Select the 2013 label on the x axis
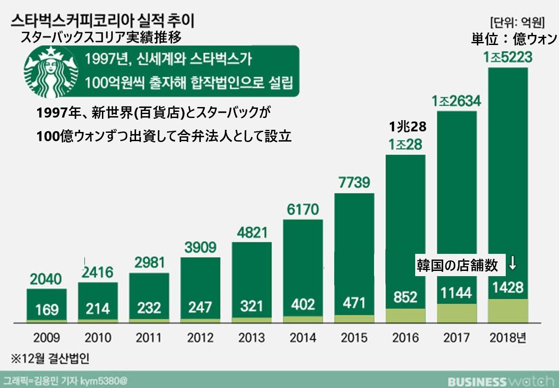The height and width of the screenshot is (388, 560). [x=252, y=338]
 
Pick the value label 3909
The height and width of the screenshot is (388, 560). [x=200, y=247]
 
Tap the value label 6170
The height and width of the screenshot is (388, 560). [x=303, y=209]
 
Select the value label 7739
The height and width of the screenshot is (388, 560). [x=354, y=182]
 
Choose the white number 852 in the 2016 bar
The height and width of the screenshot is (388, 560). [x=405, y=297]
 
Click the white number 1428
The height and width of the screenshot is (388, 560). [x=507, y=287]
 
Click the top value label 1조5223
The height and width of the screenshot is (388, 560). [x=507, y=57]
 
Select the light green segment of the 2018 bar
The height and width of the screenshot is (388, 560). [x=507, y=311]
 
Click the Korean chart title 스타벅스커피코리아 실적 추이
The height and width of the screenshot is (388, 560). [x=102, y=21]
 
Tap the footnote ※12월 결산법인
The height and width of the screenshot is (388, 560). [x=50, y=359]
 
